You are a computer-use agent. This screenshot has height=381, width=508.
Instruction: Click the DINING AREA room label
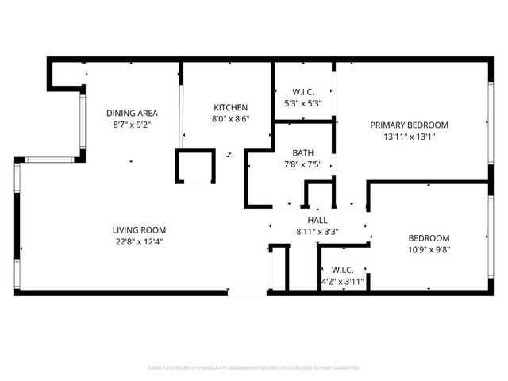coord(132,113)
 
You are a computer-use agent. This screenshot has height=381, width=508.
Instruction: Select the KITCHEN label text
coord(230,107)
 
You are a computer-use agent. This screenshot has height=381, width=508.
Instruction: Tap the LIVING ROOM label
coord(138,229)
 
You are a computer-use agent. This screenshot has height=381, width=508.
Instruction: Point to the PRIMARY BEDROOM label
coord(410,125)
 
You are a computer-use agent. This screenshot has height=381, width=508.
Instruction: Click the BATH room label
coord(302,152)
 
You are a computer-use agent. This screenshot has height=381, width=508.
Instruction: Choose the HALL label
coord(317,220)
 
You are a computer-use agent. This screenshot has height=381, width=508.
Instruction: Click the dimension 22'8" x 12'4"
coord(138,241)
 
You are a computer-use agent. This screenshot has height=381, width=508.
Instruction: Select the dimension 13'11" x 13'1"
coord(410,136)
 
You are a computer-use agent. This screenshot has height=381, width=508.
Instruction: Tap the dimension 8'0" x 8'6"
coord(230,119)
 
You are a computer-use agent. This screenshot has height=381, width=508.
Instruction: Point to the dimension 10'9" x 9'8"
coord(429,249)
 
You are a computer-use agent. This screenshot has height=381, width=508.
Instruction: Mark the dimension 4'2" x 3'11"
coord(342,281)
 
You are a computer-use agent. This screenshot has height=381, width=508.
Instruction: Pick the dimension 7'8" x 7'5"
coord(302,164)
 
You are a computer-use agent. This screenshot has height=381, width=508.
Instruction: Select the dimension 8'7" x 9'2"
coord(132,125)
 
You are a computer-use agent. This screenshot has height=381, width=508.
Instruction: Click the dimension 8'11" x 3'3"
coord(317,232)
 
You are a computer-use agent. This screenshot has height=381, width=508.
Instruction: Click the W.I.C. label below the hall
coord(342,270)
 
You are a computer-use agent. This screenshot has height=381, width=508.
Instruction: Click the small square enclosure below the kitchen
coord(195,167)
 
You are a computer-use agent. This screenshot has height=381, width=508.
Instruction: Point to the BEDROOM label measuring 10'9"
coord(429,237)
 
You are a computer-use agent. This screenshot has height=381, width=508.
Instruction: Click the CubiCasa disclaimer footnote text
coord(254,368)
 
